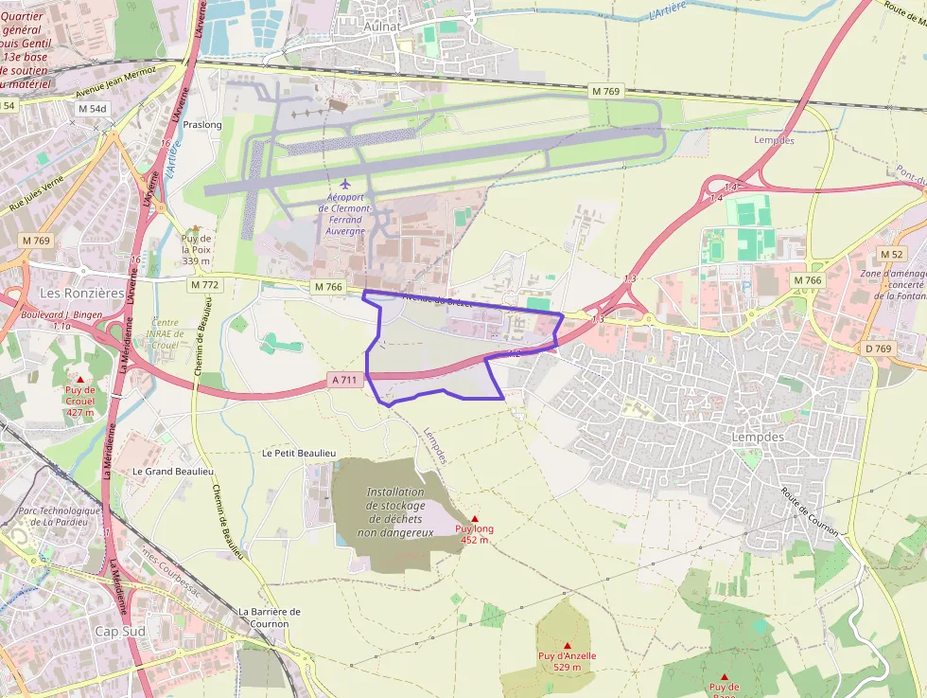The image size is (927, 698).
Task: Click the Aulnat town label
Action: (383, 27)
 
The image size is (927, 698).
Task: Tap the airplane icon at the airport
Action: (345, 182)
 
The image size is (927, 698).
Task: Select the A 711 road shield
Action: (344, 380)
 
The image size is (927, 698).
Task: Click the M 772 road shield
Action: (204, 284)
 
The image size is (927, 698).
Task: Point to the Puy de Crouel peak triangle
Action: (79, 379)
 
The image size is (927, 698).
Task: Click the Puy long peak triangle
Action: (475, 519)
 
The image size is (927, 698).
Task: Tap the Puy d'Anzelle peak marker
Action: (568, 645)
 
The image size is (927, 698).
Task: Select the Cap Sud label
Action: (120, 631)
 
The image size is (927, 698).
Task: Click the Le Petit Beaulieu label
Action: (299, 454)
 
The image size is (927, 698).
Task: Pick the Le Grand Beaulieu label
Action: (173, 471)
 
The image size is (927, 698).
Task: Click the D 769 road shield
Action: (879, 349)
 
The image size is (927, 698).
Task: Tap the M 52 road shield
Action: (891, 254)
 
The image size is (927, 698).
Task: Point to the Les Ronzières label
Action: (81, 293)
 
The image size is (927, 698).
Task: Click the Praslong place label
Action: (202, 125)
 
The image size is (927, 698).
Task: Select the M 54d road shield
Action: (94, 109)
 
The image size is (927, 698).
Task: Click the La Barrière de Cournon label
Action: (270, 617)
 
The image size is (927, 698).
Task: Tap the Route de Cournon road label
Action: (810, 511)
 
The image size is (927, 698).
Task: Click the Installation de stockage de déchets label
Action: (395, 512)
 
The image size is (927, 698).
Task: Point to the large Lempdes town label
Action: (759, 438)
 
